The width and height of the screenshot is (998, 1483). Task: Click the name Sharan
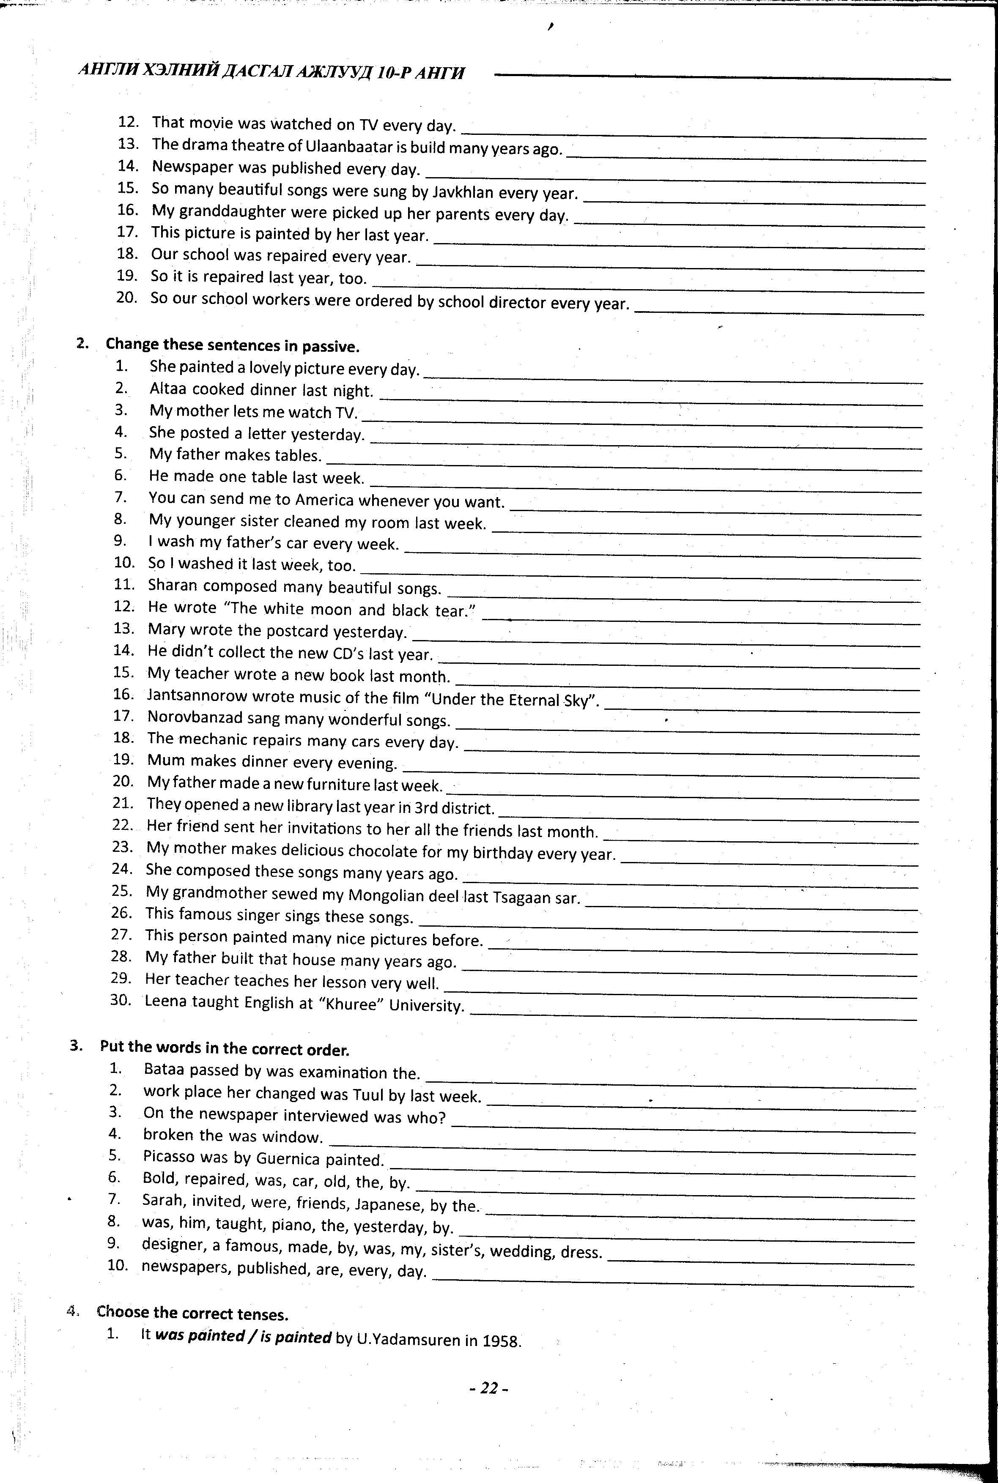[173, 586]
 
